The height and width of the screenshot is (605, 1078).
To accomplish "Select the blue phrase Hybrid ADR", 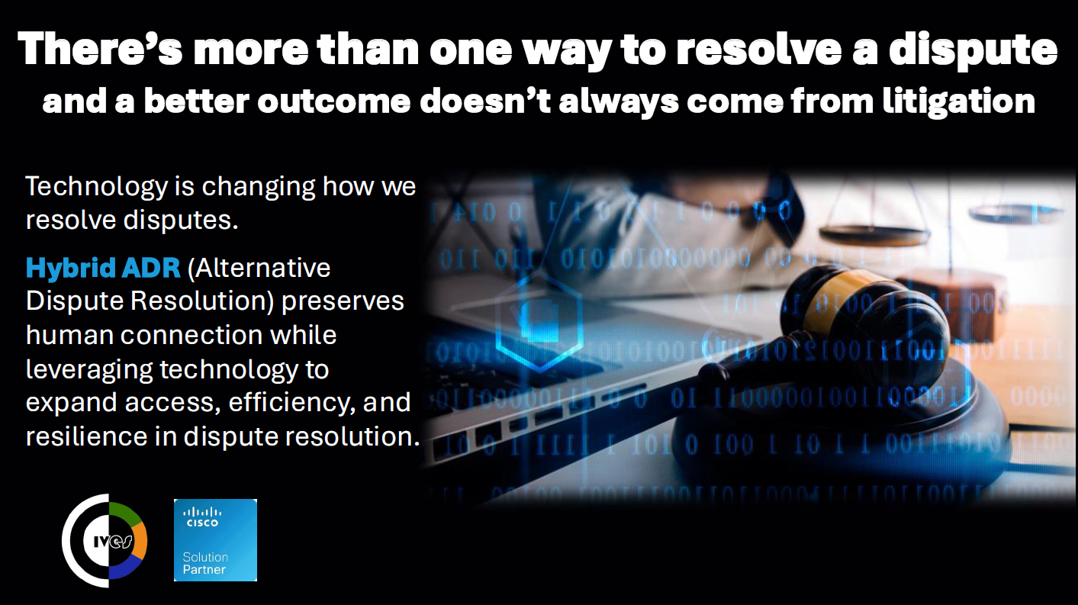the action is pos(103,269).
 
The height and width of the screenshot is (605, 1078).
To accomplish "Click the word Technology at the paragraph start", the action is pos(96,188).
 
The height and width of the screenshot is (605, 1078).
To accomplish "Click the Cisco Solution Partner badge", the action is pos(215,540).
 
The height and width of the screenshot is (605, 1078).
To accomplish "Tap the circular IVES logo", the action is pos(105,540).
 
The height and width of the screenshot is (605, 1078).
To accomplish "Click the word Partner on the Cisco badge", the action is pos(204,570).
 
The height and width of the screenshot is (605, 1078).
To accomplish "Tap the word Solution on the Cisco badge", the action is pos(205,557).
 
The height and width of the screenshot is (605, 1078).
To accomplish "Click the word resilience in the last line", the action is pos(87,436).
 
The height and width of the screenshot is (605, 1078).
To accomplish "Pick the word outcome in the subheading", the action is pos(334,101).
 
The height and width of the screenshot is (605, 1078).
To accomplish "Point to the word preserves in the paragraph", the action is pos(343,302).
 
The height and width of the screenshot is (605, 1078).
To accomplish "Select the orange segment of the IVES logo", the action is pos(140,540).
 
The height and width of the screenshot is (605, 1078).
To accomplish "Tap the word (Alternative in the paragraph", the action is pos(259,269).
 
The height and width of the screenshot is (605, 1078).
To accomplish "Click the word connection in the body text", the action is pos(191,336).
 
